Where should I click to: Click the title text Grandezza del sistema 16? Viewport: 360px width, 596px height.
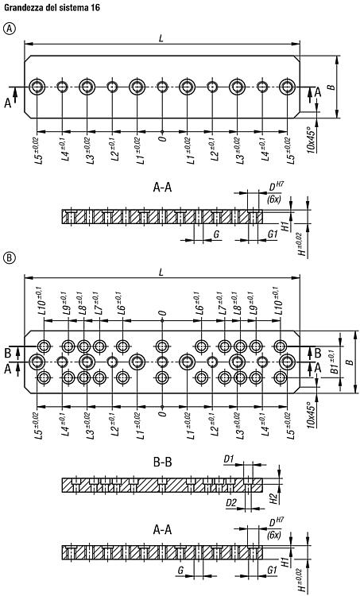[52, 7]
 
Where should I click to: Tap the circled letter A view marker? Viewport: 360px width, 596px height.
[10, 28]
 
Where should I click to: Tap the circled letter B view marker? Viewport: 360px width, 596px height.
[10, 258]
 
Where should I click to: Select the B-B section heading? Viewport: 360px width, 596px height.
[162, 462]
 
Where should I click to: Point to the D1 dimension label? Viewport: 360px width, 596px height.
[228, 459]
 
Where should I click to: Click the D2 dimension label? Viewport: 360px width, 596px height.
[231, 503]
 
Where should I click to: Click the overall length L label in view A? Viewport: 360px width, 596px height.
[161, 38]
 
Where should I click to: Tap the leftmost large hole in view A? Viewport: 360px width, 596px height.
[37, 87]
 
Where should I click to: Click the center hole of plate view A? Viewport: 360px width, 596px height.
[162, 87]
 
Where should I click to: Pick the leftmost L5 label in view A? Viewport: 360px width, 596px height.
[39, 151]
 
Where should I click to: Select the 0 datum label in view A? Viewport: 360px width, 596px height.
[162, 138]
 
